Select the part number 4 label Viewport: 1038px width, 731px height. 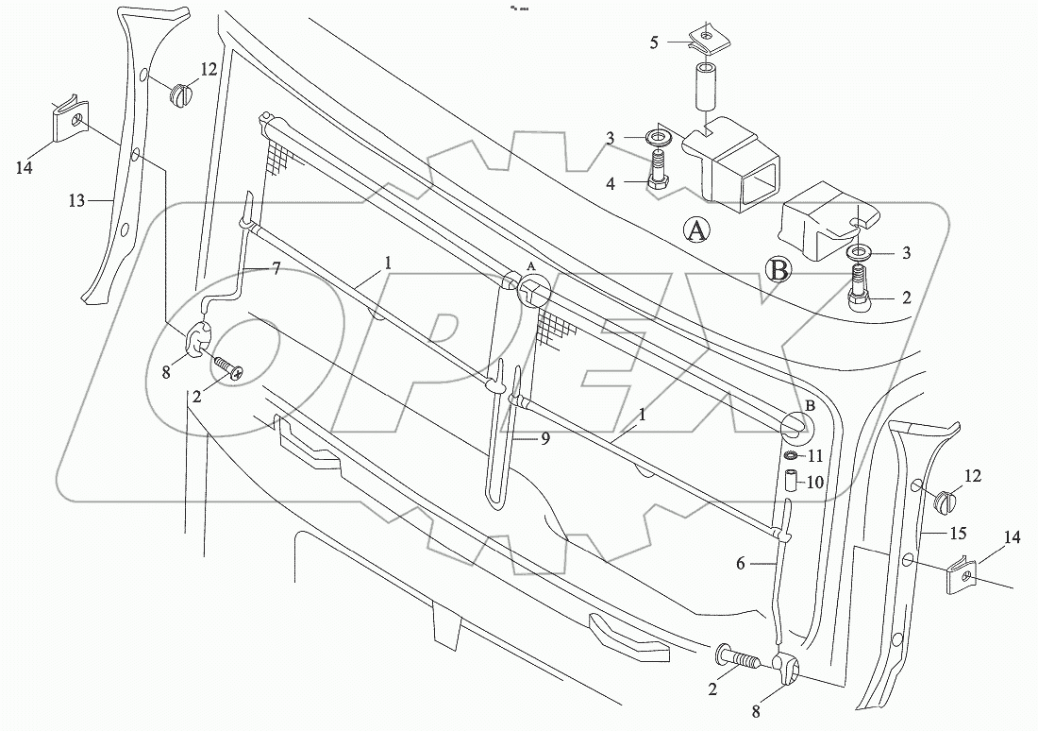(x=611, y=183)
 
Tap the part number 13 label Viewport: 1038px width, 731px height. (x=76, y=200)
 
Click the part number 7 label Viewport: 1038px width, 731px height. (x=276, y=269)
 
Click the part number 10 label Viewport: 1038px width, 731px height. (x=814, y=482)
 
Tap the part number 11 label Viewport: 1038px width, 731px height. (x=816, y=456)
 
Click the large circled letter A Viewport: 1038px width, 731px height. (x=696, y=229)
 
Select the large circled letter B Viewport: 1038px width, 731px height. (x=779, y=271)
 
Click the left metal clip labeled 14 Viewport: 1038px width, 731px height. (x=68, y=121)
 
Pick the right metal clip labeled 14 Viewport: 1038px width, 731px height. (x=961, y=578)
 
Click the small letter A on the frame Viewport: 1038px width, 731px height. (x=531, y=267)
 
